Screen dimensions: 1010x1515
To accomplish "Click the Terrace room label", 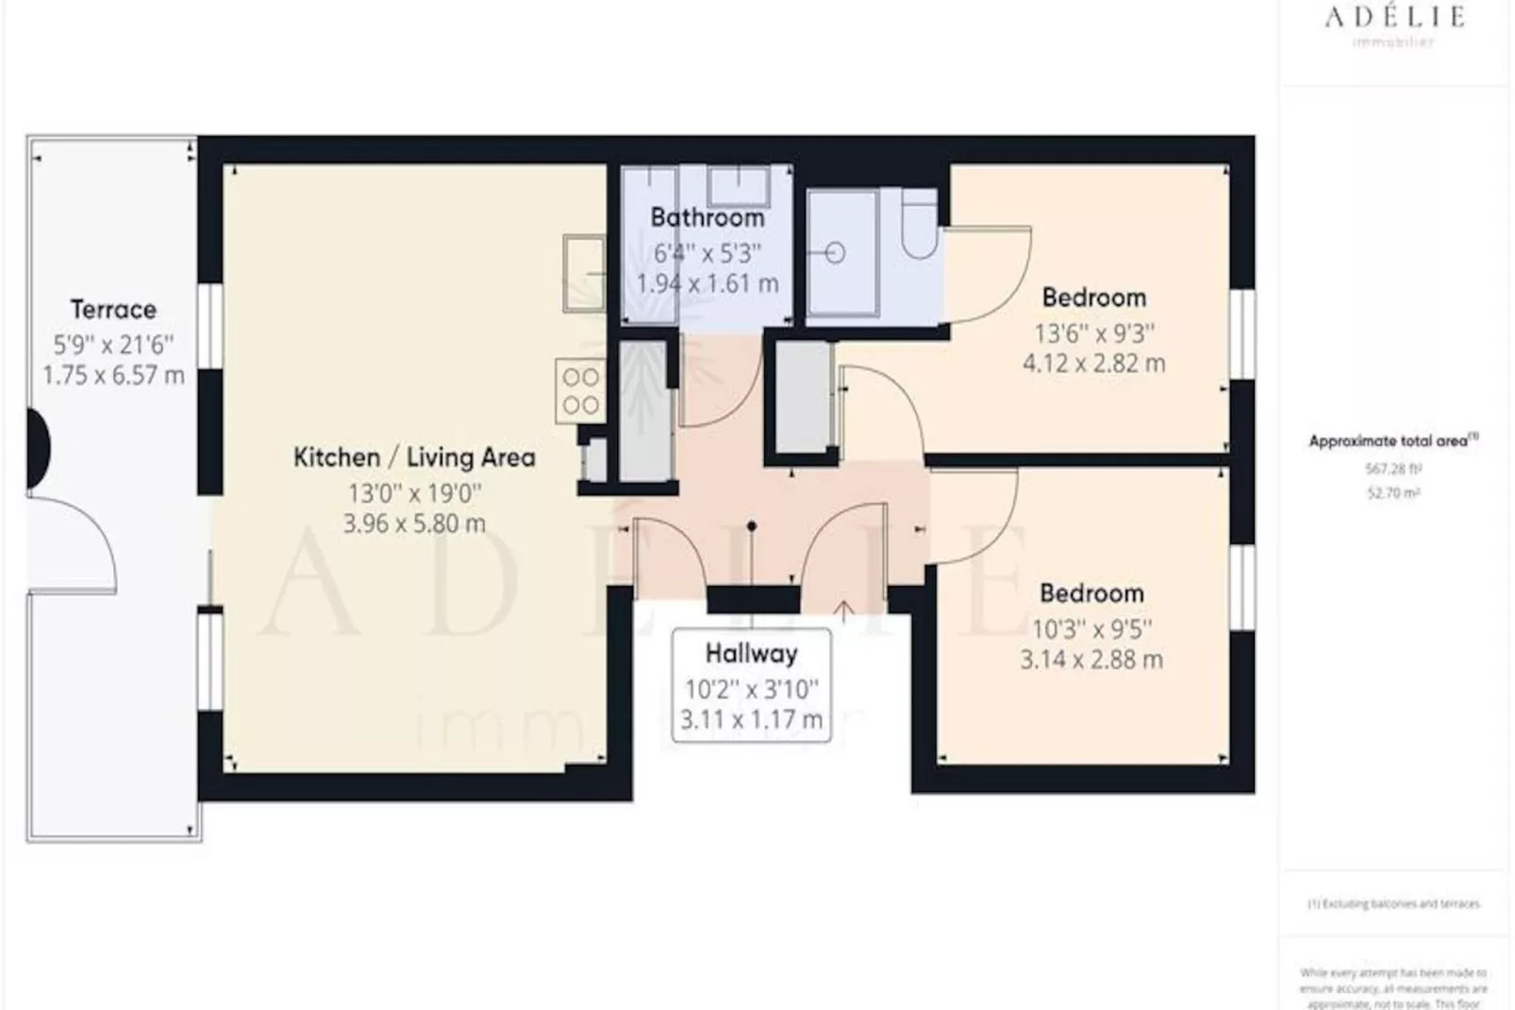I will point(113,310).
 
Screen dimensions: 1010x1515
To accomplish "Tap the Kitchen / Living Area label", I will point(414,458).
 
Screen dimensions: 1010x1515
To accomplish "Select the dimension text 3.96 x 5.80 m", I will point(414,524).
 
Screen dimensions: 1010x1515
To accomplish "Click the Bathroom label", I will point(707,218).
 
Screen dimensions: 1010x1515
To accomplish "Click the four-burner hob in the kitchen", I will point(580,391).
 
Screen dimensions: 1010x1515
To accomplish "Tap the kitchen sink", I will point(584,273).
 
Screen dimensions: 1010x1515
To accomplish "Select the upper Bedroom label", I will point(1093,298).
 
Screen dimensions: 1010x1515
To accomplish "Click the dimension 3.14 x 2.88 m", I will point(1091,660).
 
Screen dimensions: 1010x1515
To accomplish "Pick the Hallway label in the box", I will point(751,653).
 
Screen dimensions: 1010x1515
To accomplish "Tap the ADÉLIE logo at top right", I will point(1393,17).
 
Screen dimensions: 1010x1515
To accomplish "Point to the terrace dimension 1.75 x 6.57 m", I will point(113,376).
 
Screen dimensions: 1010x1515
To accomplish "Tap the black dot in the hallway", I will point(751,526).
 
